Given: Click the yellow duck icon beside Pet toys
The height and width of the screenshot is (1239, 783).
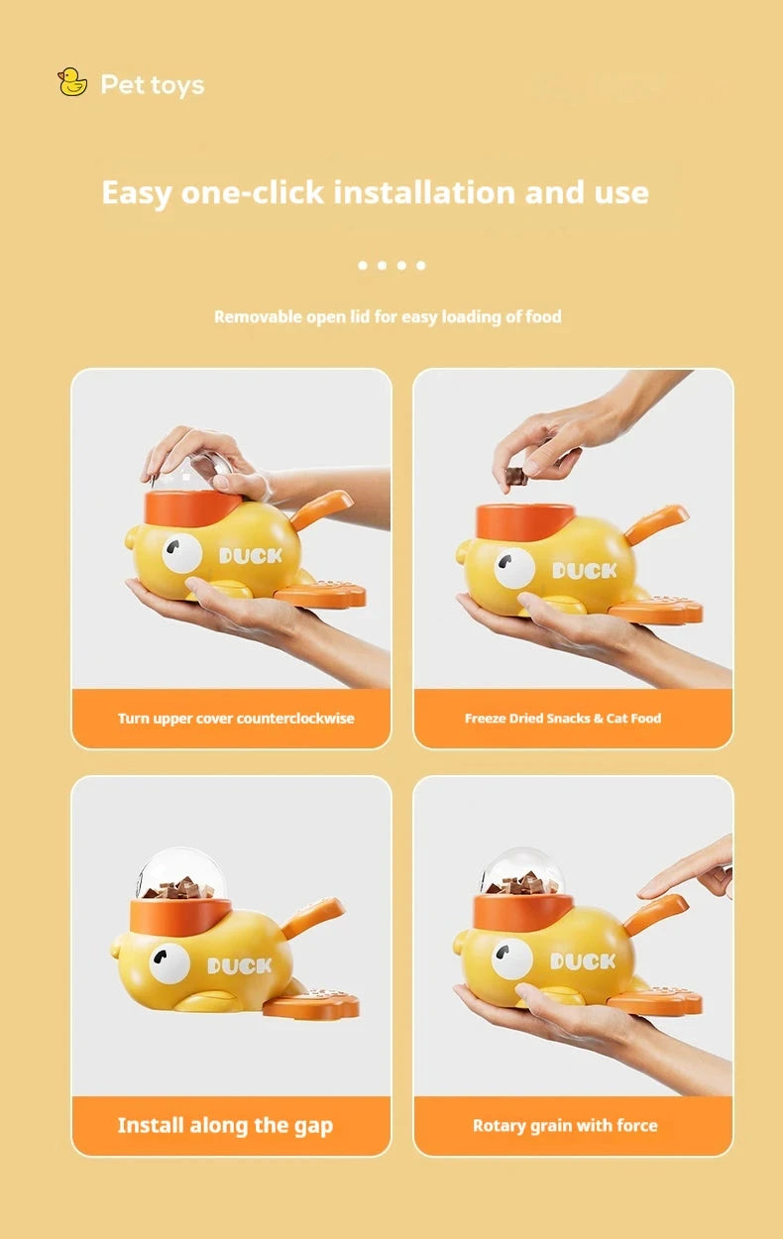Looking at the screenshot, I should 72,82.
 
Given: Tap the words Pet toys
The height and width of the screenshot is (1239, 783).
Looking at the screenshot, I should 152,85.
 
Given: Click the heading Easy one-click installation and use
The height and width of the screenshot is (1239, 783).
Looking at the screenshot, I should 375,192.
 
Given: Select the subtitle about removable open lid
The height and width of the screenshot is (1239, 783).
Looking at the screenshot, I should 388,317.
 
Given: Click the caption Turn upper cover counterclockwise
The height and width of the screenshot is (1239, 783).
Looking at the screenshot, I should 235,718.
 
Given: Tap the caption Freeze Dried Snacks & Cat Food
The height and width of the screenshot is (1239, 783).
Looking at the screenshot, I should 562,718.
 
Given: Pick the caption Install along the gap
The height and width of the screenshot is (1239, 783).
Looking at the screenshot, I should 225,1125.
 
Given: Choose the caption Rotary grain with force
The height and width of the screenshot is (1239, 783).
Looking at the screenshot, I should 565,1125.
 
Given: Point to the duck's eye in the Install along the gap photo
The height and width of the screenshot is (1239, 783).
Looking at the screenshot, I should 169,962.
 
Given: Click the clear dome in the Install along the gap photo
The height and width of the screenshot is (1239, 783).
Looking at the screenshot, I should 180,870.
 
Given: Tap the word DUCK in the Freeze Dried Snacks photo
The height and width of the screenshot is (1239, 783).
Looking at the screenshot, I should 585,571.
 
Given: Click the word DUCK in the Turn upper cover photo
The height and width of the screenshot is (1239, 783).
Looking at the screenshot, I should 251,556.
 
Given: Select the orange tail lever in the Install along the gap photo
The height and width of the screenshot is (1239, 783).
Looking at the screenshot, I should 314,917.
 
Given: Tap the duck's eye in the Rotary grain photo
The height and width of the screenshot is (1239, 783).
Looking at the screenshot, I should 511,959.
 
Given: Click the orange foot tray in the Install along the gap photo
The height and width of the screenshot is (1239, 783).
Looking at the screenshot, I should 310,1006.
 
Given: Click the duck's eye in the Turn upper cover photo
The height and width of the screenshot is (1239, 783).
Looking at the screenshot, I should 182,553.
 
